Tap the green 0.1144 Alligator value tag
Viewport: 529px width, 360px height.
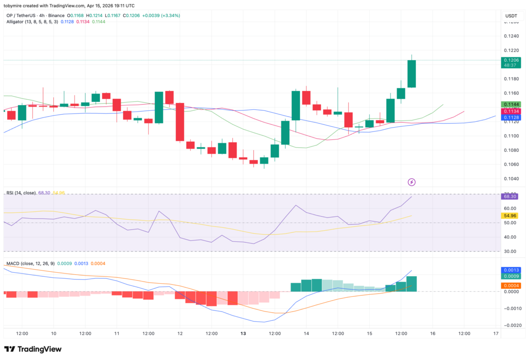(x=511, y=105)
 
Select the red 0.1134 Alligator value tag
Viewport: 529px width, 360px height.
(x=511, y=111)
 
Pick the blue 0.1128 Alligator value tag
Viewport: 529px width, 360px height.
(x=511, y=117)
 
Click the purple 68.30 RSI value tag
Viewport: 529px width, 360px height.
(x=511, y=197)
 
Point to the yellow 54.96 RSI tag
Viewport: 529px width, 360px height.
(x=511, y=216)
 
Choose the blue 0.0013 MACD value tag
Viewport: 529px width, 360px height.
(x=511, y=270)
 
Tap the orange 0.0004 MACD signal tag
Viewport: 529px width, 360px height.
(x=511, y=286)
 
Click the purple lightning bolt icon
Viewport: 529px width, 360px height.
(x=411, y=182)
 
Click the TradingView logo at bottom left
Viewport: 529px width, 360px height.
(x=33, y=349)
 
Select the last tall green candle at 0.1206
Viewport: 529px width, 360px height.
(x=411, y=74)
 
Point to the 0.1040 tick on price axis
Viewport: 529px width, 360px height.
(x=511, y=179)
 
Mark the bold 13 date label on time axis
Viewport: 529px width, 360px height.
(x=243, y=334)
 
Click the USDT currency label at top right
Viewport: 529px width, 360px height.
(x=511, y=16)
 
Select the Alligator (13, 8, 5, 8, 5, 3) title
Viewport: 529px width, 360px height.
(x=31, y=22)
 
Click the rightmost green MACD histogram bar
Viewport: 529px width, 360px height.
(x=411, y=284)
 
